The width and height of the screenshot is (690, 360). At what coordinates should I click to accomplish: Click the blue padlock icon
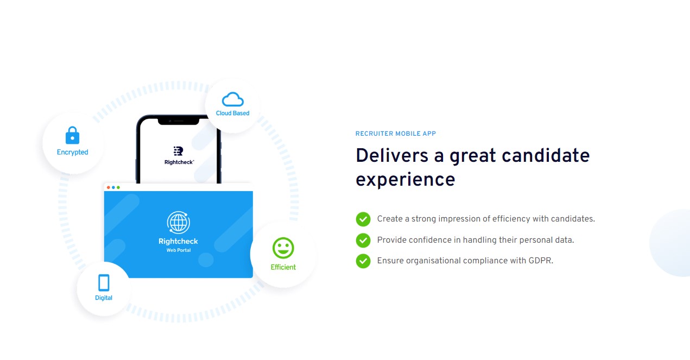pyautogui.click(x=72, y=135)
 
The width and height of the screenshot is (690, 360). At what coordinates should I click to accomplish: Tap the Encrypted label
pyautogui.click(x=72, y=152)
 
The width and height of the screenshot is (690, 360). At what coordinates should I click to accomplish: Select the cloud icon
pyautogui.click(x=233, y=99)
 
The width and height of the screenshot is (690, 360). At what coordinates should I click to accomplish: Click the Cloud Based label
pyautogui.click(x=232, y=113)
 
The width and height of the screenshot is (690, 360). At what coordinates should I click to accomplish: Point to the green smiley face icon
pyautogui.click(x=283, y=248)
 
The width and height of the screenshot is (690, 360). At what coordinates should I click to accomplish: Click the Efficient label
pyautogui.click(x=283, y=267)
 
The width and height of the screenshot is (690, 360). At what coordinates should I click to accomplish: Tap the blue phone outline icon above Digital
pyautogui.click(x=104, y=283)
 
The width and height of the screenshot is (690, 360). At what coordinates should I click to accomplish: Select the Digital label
pyautogui.click(x=104, y=298)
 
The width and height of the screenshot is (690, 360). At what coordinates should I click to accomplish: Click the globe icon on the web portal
pyautogui.click(x=179, y=222)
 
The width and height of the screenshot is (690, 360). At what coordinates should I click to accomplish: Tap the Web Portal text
pyautogui.click(x=179, y=250)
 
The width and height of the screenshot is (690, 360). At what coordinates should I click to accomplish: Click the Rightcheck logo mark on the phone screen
pyautogui.click(x=179, y=151)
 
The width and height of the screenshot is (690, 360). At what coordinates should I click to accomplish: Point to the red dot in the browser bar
pyautogui.click(x=109, y=187)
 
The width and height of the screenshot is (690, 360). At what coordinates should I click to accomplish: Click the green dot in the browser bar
pyautogui.click(x=118, y=187)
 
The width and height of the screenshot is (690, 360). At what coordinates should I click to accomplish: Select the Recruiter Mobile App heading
pyautogui.click(x=396, y=134)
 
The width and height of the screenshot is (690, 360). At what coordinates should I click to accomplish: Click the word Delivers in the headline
pyautogui.click(x=392, y=155)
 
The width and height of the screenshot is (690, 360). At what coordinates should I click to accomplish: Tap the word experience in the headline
pyautogui.click(x=406, y=179)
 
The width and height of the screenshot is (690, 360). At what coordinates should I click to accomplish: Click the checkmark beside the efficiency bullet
pyautogui.click(x=363, y=219)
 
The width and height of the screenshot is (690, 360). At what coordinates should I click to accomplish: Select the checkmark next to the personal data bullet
pyautogui.click(x=363, y=241)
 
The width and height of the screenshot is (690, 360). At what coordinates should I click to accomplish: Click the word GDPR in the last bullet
pyautogui.click(x=540, y=261)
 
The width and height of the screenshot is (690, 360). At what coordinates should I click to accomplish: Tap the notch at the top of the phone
pyautogui.click(x=179, y=121)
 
